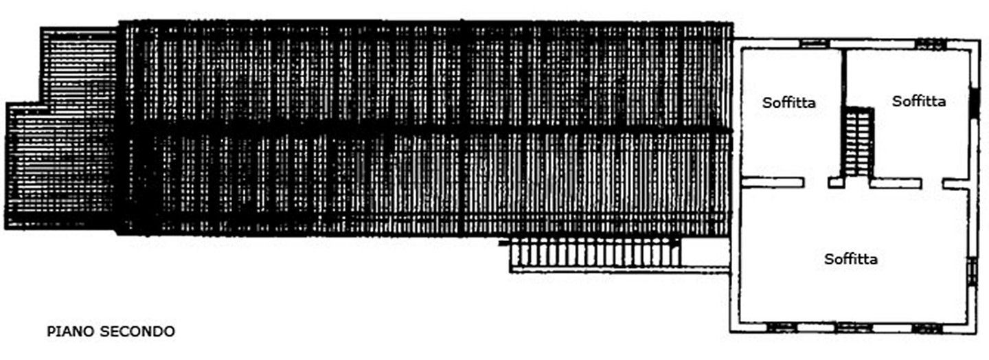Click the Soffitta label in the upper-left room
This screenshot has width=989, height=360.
click(x=789, y=103)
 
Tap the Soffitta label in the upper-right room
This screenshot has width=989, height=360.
click(x=918, y=101)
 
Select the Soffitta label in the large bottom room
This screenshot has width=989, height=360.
click(x=851, y=259)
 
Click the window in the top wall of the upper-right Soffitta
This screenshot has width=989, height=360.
click(x=931, y=44)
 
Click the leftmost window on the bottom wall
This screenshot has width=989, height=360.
click(x=782, y=328)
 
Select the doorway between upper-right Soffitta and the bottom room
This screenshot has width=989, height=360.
click(x=932, y=183)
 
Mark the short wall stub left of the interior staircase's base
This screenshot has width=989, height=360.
click(x=836, y=183)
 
